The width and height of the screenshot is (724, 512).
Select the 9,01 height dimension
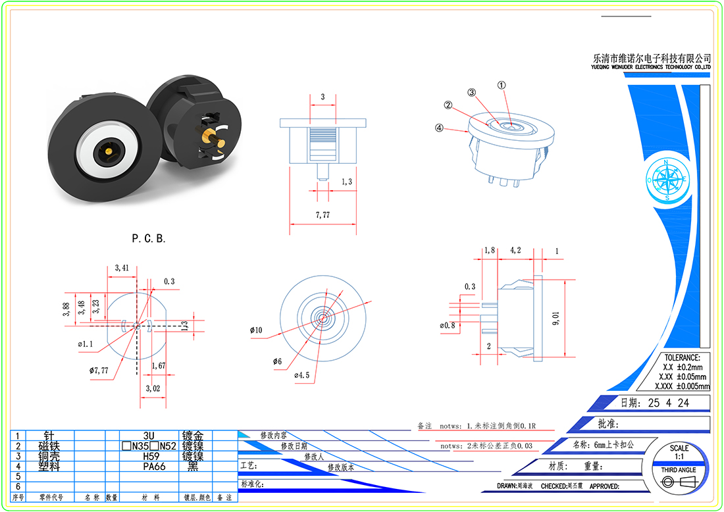coord(556,319)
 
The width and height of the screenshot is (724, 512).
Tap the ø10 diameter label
coord(256,330)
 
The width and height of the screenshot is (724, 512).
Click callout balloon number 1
coord(502,85)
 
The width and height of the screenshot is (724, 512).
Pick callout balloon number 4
coord(440,128)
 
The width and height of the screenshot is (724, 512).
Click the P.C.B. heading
coord(149,239)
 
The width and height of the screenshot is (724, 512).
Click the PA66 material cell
coord(154,466)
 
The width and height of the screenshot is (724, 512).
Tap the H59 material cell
coord(154,456)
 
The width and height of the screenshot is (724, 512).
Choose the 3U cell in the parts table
coord(148,436)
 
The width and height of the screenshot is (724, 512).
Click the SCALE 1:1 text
coord(679,452)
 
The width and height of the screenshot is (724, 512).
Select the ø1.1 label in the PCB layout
coord(86,344)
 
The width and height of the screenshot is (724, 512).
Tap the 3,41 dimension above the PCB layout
coord(121,268)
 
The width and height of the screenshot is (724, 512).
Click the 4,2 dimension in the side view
coord(516,250)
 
